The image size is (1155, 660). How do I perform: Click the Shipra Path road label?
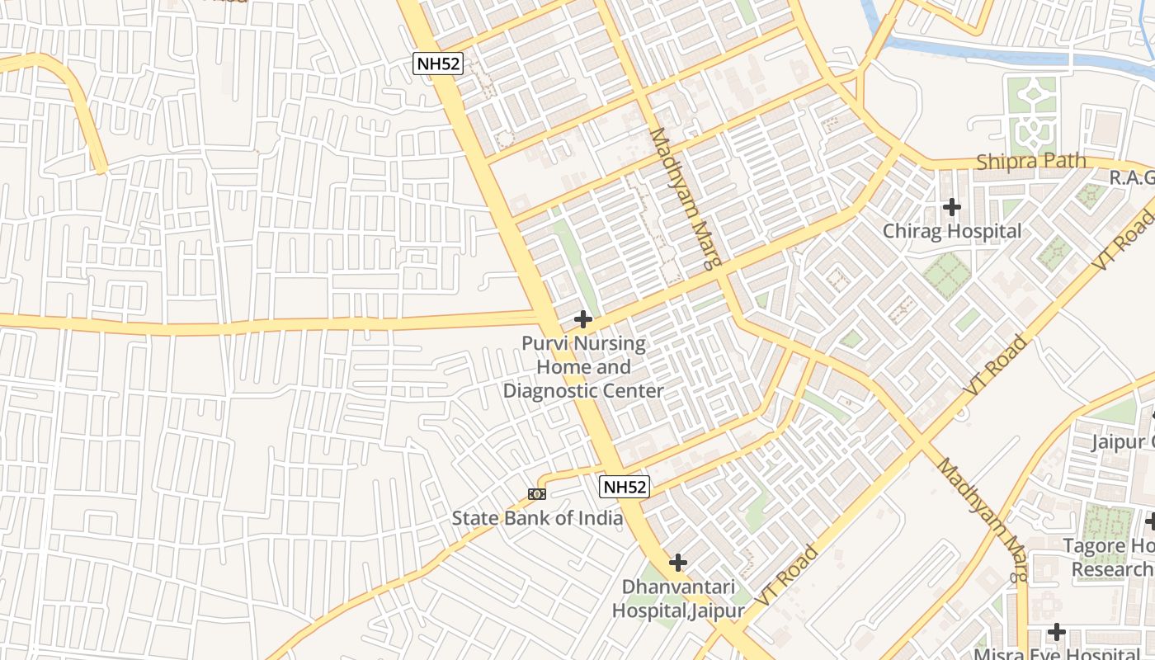tap(1030, 161)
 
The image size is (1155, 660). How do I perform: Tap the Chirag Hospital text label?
tap(952, 231)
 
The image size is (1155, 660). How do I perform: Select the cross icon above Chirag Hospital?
tap(952, 206)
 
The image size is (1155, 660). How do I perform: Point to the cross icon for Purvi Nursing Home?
tap(583, 318)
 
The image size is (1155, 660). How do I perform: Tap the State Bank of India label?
tap(537, 518)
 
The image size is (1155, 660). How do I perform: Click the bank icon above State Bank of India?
tap(537, 494)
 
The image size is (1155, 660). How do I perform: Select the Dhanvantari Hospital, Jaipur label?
tap(677, 599)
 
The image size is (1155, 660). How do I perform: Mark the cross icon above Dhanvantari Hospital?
tap(677, 563)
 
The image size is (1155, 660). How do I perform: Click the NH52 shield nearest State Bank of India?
tap(625, 487)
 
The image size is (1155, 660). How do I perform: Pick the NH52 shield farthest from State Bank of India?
tap(438, 64)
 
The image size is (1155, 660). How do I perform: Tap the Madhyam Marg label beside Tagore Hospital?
tap(983, 520)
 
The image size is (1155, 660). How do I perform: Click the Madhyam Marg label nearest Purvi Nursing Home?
tap(686, 198)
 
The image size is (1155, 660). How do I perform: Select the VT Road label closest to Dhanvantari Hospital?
tap(788, 576)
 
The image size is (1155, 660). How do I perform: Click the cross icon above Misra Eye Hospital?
tap(1056, 632)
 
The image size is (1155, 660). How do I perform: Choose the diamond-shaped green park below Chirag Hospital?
tap(946, 276)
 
